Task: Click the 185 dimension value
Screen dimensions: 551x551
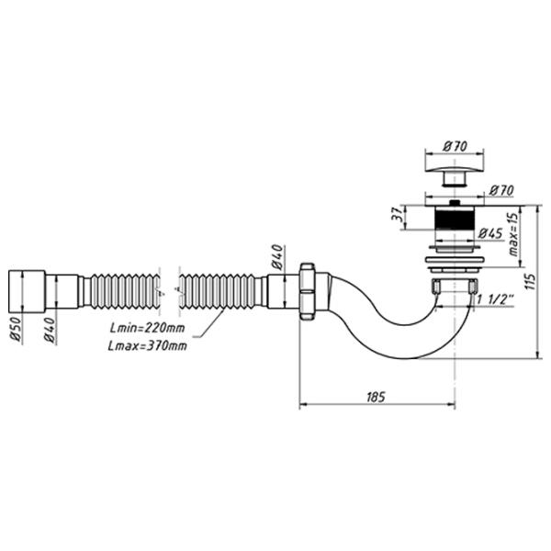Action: click(x=376, y=397)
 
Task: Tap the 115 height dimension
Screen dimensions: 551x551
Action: click(x=532, y=281)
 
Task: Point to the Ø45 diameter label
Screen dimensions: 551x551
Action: click(x=490, y=233)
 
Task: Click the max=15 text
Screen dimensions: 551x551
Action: click(x=513, y=234)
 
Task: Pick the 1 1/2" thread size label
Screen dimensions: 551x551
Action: click(x=495, y=299)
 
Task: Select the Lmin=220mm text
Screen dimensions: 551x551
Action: click(x=147, y=328)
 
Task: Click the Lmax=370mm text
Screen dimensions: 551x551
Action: click(x=147, y=346)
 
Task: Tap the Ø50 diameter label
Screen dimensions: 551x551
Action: click(x=17, y=331)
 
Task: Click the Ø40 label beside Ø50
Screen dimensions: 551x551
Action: click(x=50, y=331)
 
